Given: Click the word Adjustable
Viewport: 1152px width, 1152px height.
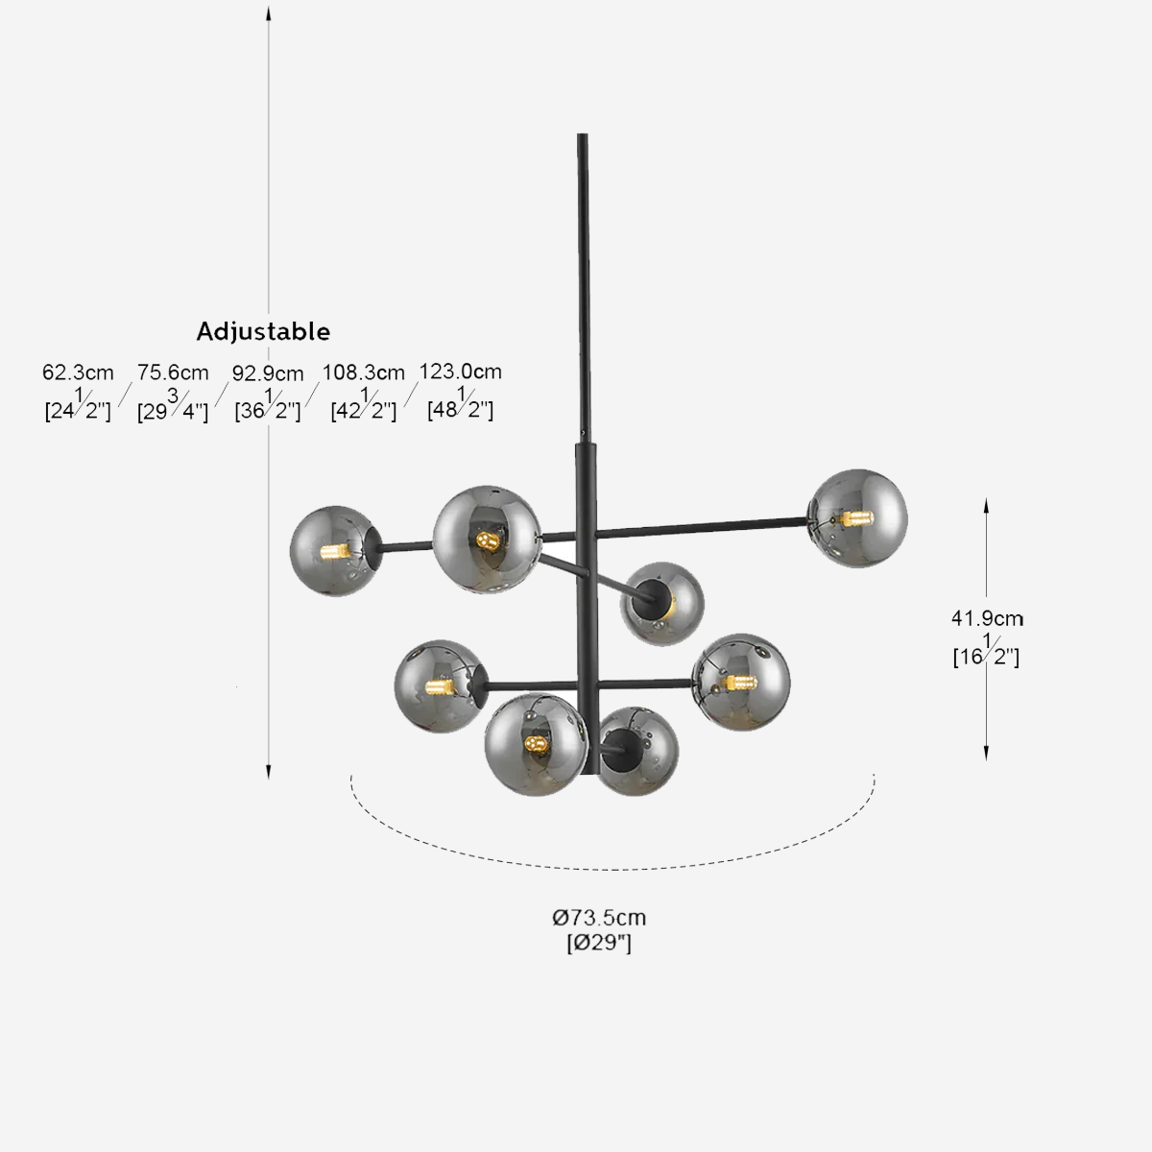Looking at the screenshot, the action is [x=263, y=331].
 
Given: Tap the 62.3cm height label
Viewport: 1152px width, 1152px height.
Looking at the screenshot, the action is [x=78, y=372].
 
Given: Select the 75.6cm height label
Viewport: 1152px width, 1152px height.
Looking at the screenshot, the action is [x=173, y=372].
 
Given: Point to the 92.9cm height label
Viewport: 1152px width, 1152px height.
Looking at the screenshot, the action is [x=268, y=373].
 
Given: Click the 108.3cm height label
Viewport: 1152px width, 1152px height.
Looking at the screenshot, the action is [x=364, y=372].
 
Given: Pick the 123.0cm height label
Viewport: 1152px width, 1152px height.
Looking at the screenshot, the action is [x=461, y=372].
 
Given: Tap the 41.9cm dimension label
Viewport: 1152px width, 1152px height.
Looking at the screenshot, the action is [x=987, y=618].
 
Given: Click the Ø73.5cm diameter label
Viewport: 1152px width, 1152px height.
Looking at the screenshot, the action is [x=599, y=917].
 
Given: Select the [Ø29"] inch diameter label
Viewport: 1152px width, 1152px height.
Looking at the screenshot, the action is [x=599, y=944].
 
